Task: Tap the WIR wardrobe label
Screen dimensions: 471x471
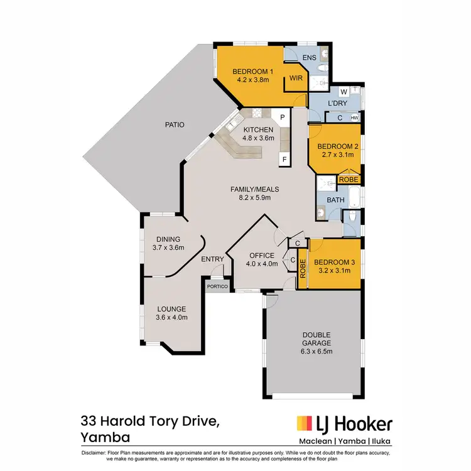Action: tap(295, 78)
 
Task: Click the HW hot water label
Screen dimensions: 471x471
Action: tap(355, 117)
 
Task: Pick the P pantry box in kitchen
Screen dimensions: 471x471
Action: tap(283, 117)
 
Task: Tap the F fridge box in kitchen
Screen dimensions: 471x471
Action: tap(284, 160)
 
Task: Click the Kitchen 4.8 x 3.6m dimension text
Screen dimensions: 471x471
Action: tap(259, 138)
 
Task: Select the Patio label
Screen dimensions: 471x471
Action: tap(175, 124)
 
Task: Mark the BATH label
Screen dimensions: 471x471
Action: tap(336, 200)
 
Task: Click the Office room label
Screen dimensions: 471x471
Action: tap(261, 255)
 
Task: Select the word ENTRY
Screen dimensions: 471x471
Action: tap(212, 259)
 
